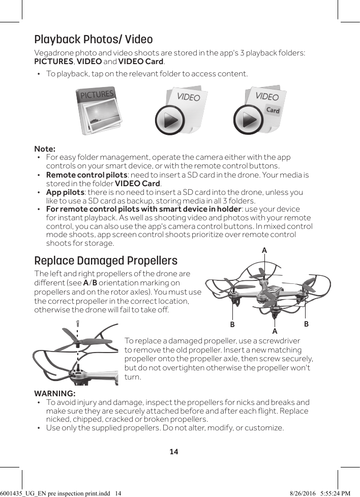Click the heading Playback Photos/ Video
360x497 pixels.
[93, 40]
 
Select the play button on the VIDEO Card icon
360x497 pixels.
[249, 120]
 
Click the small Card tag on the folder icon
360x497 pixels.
[273, 110]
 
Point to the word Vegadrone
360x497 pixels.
[54, 53]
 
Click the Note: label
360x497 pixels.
[45, 149]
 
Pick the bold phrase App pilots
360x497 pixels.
[65, 192]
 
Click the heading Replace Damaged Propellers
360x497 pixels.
[106, 261]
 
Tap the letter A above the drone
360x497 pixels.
[264, 250]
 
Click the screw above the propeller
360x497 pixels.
[77, 324]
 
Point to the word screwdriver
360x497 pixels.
[278, 340]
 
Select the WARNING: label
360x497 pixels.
[55, 394]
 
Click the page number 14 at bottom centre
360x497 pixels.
[174, 451]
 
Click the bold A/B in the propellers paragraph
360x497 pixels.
[90, 283]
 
